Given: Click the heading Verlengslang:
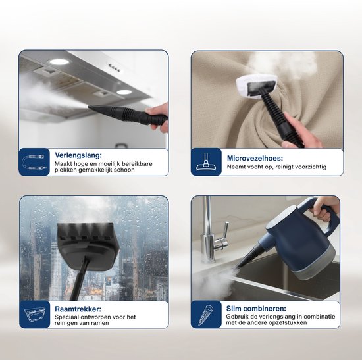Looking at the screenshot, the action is [x=78, y=155].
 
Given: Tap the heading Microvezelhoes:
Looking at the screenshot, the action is [x=255, y=158].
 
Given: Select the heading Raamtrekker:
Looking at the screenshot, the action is [x=78, y=309].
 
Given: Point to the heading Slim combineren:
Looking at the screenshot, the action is [x=256, y=308].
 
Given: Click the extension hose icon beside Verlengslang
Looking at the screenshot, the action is [x=34, y=162].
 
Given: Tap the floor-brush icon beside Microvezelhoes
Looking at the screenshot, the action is [x=207, y=162].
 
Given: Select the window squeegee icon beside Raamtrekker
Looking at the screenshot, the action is [x=35, y=315].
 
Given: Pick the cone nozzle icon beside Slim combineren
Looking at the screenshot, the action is [x=206, y=315].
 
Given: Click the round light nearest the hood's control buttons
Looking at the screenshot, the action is [x=124, y=92].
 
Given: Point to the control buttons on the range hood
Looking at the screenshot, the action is [x=115, y=68].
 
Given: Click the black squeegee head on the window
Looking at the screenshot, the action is [x=89, y=246].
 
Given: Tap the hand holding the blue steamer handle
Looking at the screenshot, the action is [x=322, y=209].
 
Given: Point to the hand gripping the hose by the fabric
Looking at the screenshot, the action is [x=300, y=130].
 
